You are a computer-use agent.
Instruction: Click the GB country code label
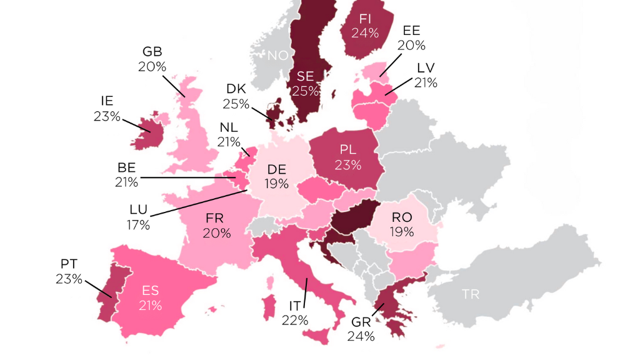pos(152,51)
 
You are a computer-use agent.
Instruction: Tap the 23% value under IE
pos(107,116)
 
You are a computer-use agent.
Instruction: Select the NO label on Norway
pos(277,56)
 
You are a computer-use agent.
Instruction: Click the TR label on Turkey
pos(471,294)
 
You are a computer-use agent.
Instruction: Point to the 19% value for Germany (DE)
pos(276,184)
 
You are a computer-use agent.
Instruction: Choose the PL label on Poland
pos(348,150)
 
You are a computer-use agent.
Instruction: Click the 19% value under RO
pos(401,232)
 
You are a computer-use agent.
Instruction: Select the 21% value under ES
pos(151,306)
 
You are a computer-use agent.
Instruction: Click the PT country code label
pos(69,264)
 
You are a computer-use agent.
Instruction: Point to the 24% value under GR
pos(362,336)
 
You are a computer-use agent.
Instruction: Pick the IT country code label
pos(295,306)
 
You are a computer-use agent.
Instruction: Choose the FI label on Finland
pos(366,18)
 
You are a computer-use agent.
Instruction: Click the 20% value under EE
pos(412,45)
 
